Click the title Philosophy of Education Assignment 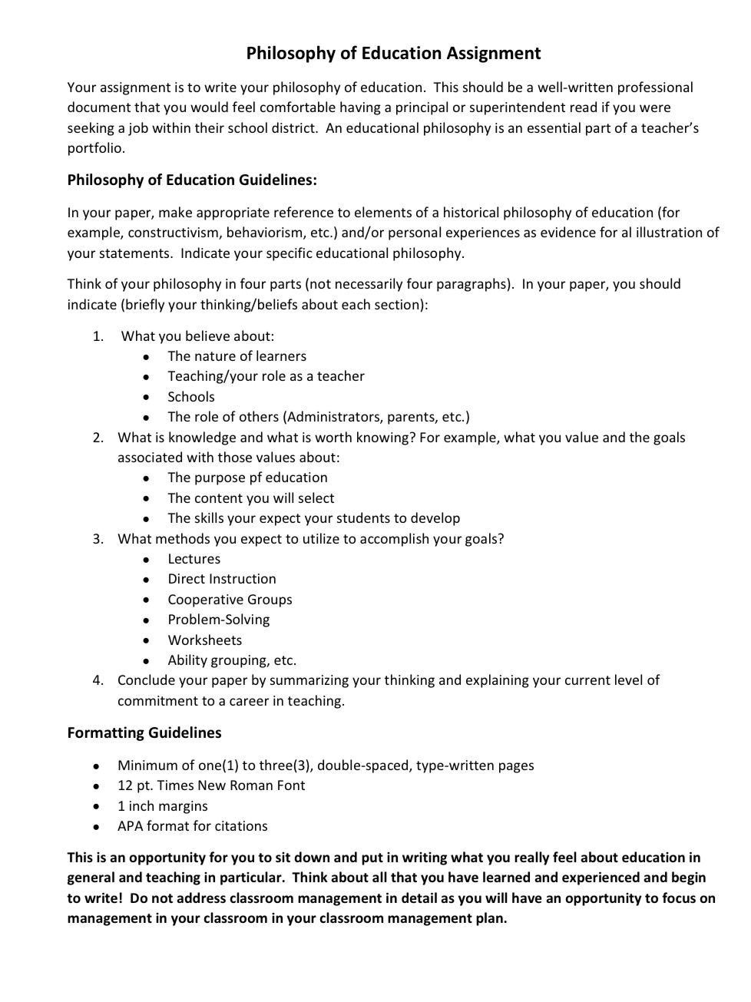point(393,53)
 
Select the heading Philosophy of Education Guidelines point(192,180)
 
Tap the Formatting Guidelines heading point(144,732)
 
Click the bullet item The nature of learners point(237,356)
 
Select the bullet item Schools point(191,397)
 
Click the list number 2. point(98,438)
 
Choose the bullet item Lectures point(194,559)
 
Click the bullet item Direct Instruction point(222,579)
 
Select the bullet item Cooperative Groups point(230,600)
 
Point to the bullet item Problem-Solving point(219,620)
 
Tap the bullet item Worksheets point(204,640)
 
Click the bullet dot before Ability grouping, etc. point(146,661)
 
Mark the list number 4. point(98,680)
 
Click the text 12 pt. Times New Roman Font point(211,785)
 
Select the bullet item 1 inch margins point(162,806)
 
